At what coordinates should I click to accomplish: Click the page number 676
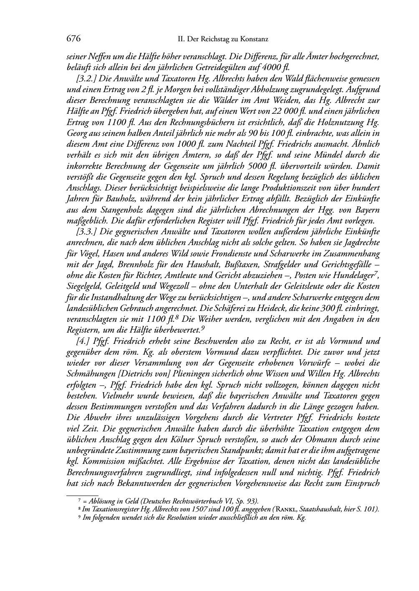tap(73, 39)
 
